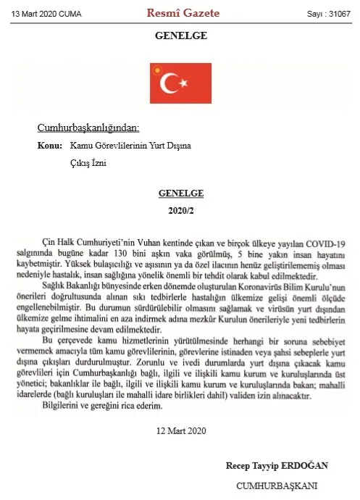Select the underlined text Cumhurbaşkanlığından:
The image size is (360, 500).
(88, 128)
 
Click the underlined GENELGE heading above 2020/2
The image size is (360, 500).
(180, 193)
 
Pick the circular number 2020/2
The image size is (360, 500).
(180, 210)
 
